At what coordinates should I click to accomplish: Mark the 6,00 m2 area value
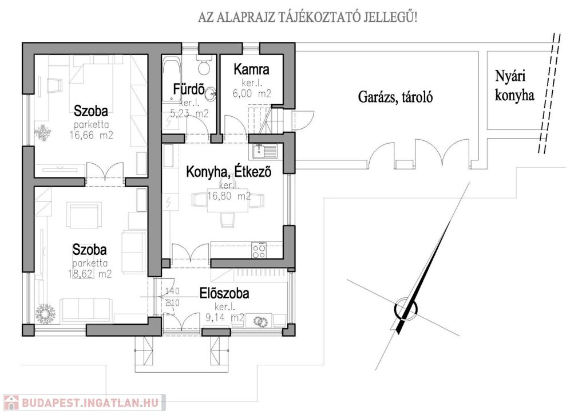(x=252, y=93)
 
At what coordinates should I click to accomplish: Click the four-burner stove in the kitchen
(x=259, y=248)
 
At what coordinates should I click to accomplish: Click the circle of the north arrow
(x=406, y=309)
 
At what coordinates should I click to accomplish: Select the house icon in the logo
(x=11, y=403)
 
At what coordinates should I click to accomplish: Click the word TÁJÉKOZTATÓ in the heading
(x=306, y=18)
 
